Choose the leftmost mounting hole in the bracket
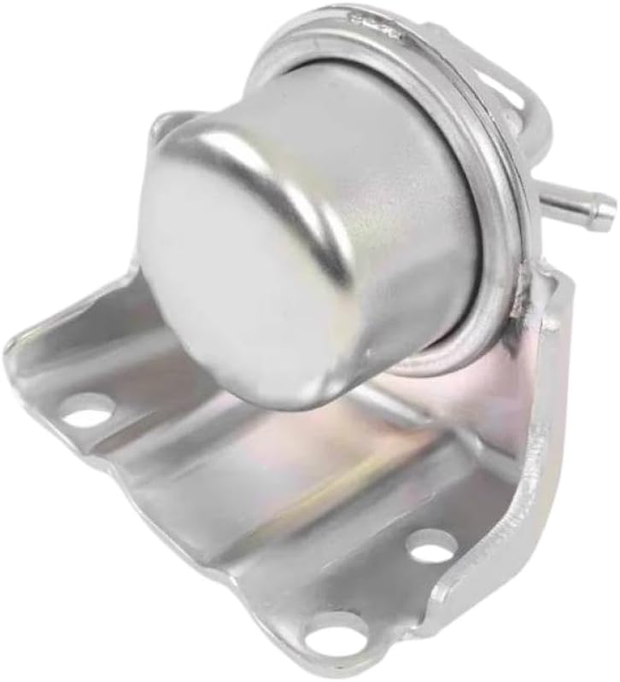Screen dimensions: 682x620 click(87, 412)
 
